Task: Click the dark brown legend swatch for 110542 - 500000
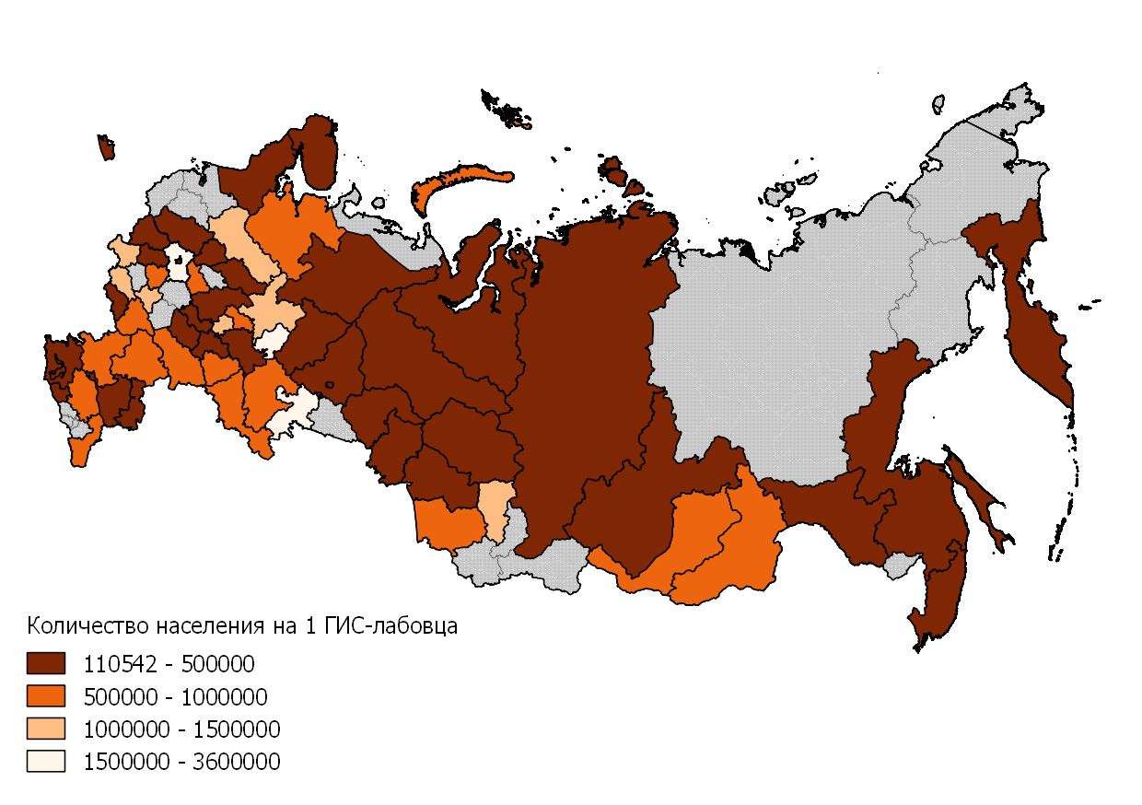pos(45,663)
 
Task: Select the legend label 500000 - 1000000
pos(175,696)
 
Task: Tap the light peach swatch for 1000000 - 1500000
pos(45,729)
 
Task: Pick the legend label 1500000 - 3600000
pos(181,763)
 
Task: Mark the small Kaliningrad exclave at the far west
pos(106,147)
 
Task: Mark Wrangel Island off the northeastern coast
pos(938,104)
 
